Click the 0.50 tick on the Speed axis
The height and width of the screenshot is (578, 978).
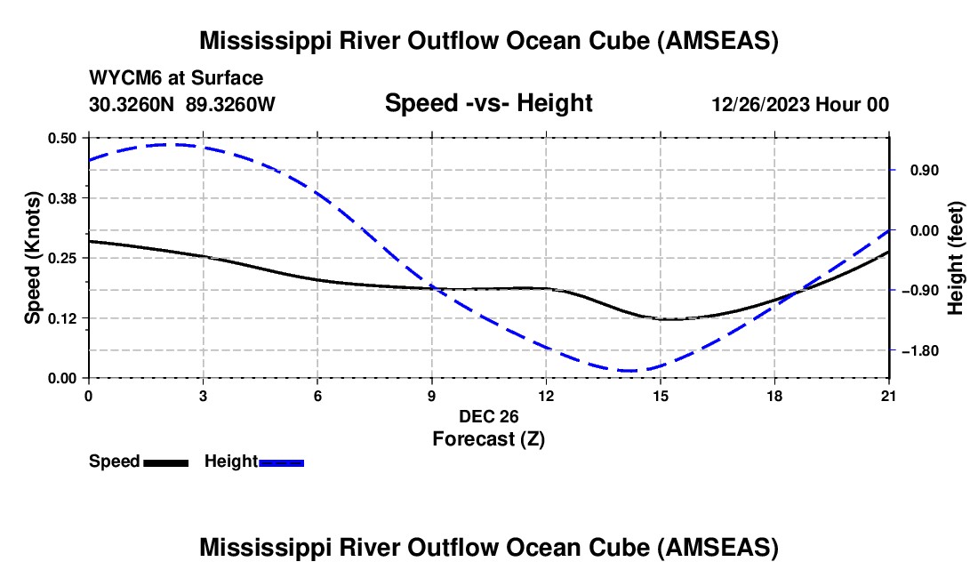click(x=61, y=138)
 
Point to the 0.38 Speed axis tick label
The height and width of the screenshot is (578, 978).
click(x=61, y=198)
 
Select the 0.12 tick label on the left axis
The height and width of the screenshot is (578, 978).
click(x=61, y=318)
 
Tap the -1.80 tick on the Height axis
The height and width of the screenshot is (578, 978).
click(x=920, y=351)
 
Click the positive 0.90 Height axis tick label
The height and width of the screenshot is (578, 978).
click(x=925, y=170)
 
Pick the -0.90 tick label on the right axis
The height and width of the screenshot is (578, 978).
click(x=920, y=291)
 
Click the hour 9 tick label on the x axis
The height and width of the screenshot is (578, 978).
click(x=431, y=396)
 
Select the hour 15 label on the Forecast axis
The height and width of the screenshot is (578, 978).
click(x=661, y=396)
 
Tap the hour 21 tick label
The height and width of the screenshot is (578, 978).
click(x=888, y=396)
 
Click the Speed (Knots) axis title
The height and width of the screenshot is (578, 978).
click(x=32, y=258)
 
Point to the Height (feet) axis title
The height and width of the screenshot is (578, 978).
click(x=956, y=258)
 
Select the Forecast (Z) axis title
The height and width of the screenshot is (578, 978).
click(x=489, y=439)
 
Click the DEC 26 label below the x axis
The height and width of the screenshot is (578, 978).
click(x=489, y=416)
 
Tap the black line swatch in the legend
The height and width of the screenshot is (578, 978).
click(x=166, y=462)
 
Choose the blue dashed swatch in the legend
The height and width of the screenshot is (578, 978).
click(x=281, y=462)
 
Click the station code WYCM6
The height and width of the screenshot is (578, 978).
click(x=124, y=78)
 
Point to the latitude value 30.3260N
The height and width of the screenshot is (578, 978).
click(x=132, y=104)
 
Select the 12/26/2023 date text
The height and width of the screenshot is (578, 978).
click(x=761, y=104)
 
